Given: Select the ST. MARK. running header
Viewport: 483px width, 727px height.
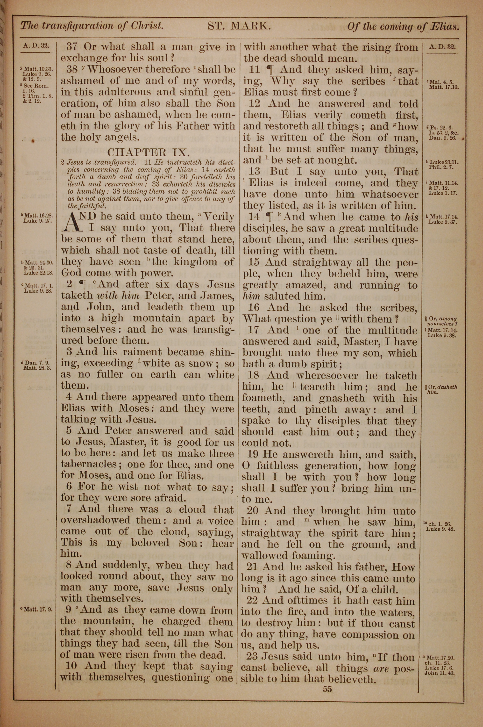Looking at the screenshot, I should coord(239,26).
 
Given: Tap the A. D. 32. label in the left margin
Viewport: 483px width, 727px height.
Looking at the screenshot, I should coord(36,46).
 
